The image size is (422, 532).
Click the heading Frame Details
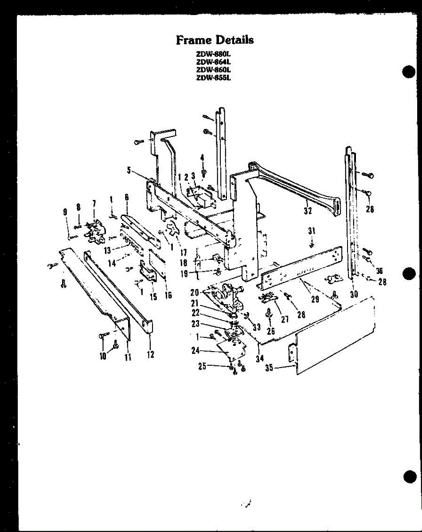[215, 40]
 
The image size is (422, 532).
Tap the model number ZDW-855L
[215, 77]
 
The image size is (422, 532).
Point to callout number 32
[308, 211]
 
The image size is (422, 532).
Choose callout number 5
[129, 169]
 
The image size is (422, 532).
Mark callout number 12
[150, 355]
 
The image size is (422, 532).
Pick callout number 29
[315, 299]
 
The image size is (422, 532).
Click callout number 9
[66, 212]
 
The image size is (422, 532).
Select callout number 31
[312, 231]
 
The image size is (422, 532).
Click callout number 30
[354, 294]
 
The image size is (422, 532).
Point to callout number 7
[94, 203]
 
